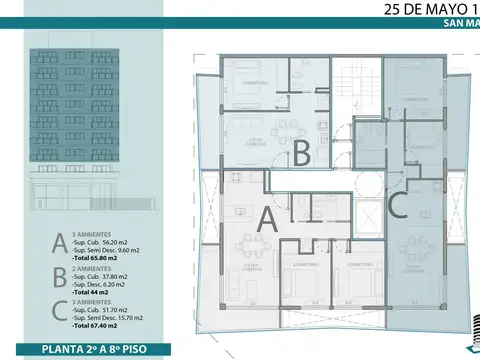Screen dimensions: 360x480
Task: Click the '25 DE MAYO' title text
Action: click(x=418, y=11)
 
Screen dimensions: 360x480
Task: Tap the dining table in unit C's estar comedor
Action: click(x=414, y=249)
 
